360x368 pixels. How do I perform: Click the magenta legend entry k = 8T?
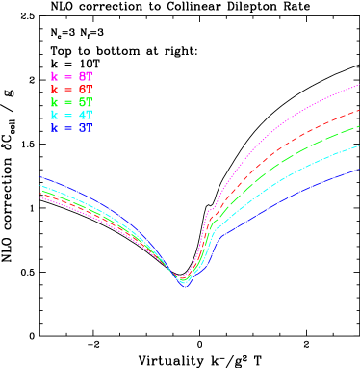point(72,75)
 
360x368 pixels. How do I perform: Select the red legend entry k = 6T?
point(72,89)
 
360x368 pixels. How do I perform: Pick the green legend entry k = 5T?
point(72,101)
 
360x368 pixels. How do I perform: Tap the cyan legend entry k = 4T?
point(72,115)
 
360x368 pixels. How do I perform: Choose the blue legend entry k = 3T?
point(72,127)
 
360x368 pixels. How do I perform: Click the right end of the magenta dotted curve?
point(358,86)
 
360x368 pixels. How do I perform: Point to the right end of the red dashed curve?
point(358,109)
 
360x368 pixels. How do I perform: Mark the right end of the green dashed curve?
point(358,126)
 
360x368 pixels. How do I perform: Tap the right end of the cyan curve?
point(358,145)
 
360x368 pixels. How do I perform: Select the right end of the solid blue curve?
point(358,170)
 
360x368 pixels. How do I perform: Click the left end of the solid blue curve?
point(40,177)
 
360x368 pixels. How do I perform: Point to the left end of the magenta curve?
point(40,197)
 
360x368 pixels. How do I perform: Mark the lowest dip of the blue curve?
point(185,287)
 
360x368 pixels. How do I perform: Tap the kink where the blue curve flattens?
point(220,235)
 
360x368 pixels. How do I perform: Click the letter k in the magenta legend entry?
point(54,75)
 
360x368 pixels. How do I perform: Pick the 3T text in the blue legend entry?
point(86,127)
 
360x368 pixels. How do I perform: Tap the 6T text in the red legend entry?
point(86,89)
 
